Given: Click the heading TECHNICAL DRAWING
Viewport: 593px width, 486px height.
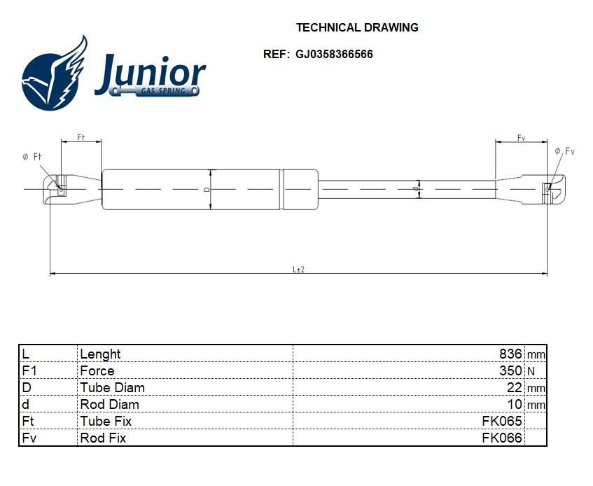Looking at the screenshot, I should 357,28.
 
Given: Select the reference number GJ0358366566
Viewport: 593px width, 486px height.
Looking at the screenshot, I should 334,54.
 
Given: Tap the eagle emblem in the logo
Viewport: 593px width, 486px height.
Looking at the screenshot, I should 55,76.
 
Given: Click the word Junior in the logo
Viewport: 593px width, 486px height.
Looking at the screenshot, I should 150,74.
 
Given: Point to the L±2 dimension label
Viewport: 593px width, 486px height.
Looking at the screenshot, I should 298,269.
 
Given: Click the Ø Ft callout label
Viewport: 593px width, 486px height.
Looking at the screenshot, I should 32,157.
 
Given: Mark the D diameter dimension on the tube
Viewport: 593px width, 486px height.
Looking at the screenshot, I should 207,189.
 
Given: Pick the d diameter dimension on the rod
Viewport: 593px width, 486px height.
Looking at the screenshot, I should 416,189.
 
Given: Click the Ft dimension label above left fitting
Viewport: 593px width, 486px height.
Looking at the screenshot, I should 81,137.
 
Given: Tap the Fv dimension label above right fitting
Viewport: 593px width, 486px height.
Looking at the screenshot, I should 521,138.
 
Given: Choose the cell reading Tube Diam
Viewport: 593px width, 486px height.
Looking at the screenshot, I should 112,388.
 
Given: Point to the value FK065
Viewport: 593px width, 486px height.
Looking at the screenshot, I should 501,422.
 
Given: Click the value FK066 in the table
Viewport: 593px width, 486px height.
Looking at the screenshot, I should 501,438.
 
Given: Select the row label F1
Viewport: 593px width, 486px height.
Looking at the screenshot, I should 29,371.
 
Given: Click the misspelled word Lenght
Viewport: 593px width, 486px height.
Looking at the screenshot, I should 100,354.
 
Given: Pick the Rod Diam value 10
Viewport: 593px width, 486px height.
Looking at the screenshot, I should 515,405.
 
